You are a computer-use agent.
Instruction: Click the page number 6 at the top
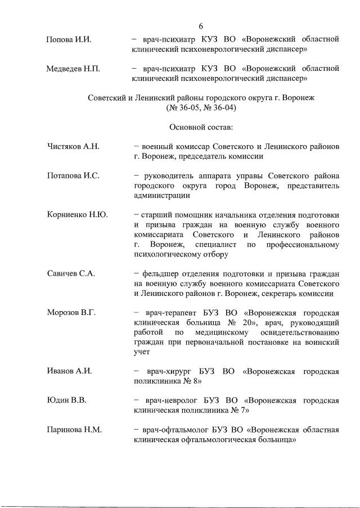200,25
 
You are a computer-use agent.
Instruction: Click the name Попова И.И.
69,39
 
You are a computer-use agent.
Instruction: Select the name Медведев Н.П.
73,69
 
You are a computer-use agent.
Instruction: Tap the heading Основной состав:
201,127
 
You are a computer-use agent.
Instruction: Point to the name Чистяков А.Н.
73,147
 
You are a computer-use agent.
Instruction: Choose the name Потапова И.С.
73,176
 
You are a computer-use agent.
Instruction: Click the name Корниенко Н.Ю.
77,214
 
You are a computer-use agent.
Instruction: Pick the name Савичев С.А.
71,273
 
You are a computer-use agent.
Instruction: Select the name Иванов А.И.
70,371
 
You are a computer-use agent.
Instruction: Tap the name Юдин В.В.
66,401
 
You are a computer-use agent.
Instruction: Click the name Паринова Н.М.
74,430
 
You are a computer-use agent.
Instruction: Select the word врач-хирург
165,371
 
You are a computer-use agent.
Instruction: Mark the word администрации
162,195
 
